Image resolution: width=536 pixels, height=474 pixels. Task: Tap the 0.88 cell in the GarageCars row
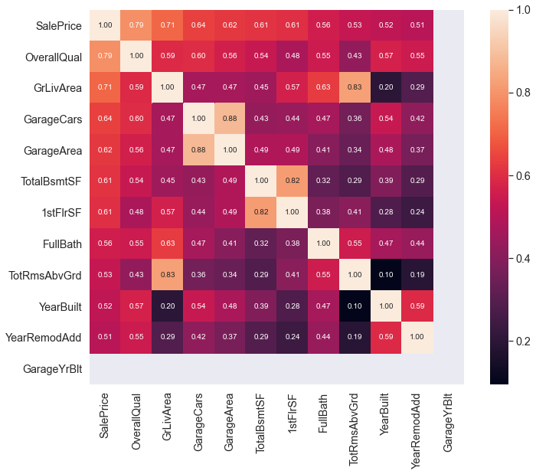click(x=230, y=119)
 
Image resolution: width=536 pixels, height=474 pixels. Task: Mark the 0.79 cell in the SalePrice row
click(x=136, y=25)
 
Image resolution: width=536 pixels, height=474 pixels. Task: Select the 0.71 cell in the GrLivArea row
click(x=105, y=87)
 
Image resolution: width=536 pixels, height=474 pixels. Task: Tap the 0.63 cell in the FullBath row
click(x=168, y=243)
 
